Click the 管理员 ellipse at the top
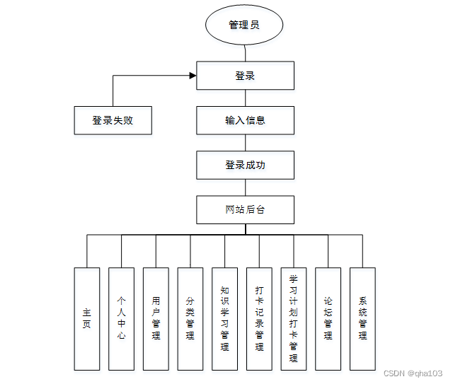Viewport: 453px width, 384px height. (x=244, y=25)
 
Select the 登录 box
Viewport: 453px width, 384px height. (x=245, y=76)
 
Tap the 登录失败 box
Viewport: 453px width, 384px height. (x=113, y=120)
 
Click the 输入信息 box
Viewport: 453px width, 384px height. (x=245, y=120)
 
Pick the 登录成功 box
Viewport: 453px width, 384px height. (x=245, y=165)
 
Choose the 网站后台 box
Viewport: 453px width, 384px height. (x=245, y=209)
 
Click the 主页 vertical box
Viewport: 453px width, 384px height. (x=87, y=318)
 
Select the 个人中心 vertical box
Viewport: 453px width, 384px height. (x=121, y=318)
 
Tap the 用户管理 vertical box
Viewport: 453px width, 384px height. (x=156, y=318)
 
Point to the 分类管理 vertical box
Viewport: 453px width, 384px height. (x=190, y=318)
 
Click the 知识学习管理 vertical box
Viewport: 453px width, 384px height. (x=224, y=318)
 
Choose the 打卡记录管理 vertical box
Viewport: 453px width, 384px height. (x=259, y=318)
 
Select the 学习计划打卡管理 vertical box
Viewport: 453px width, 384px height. (x=293, y=318)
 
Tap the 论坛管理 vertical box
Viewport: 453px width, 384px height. (x=328, y=318)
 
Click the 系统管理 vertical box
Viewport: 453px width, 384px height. (x=362, y=318)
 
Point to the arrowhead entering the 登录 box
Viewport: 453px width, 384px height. (x=192, y=76)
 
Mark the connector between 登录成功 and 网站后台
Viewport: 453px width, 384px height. (x=245, y=187)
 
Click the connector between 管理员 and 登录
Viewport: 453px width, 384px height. (x=245, y=52)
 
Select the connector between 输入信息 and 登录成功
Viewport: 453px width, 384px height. (x=245, y=143)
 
